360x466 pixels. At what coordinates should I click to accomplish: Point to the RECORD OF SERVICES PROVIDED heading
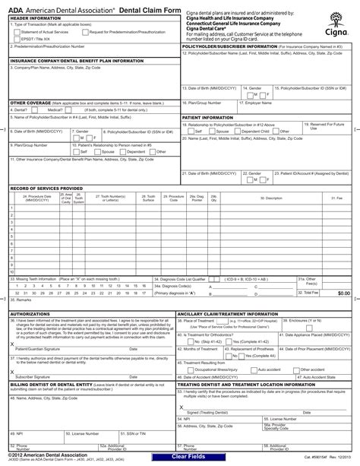(46, 187)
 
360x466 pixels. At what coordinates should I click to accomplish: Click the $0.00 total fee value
(343, 292)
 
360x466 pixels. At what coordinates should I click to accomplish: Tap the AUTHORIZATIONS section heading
(30, 313)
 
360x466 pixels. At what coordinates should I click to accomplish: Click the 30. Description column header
(271, 198)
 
